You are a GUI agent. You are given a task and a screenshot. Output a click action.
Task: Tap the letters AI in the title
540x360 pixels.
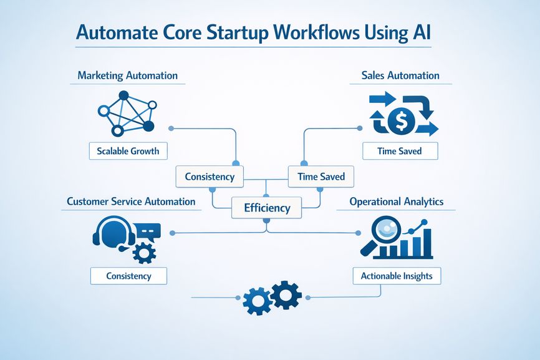tap(419, 33)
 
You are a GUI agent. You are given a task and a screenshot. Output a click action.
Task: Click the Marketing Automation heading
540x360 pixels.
tap(127, 75)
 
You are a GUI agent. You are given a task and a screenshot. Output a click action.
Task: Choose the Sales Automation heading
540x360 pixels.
tap(400, 75)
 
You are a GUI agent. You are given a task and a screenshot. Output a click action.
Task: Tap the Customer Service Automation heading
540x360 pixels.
tap(131, 202)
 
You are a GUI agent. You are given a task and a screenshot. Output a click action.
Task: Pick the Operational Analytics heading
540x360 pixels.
tap(397, 202)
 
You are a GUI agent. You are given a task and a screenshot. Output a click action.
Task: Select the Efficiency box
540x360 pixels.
tap(266, 208)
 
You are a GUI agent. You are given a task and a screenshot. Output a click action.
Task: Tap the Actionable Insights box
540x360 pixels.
tap(397, 275)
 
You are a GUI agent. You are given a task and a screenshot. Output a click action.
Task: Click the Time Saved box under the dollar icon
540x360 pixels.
tap(400, 150)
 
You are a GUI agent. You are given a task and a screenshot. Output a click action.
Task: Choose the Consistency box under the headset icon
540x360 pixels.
tap(128, 275)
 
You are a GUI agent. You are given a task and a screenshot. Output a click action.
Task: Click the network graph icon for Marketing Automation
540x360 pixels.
tap(127, 112)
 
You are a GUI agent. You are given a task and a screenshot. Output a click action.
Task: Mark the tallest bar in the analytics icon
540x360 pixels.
tap(426, 241)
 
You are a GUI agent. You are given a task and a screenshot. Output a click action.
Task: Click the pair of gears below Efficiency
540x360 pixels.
tap(272, 296)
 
